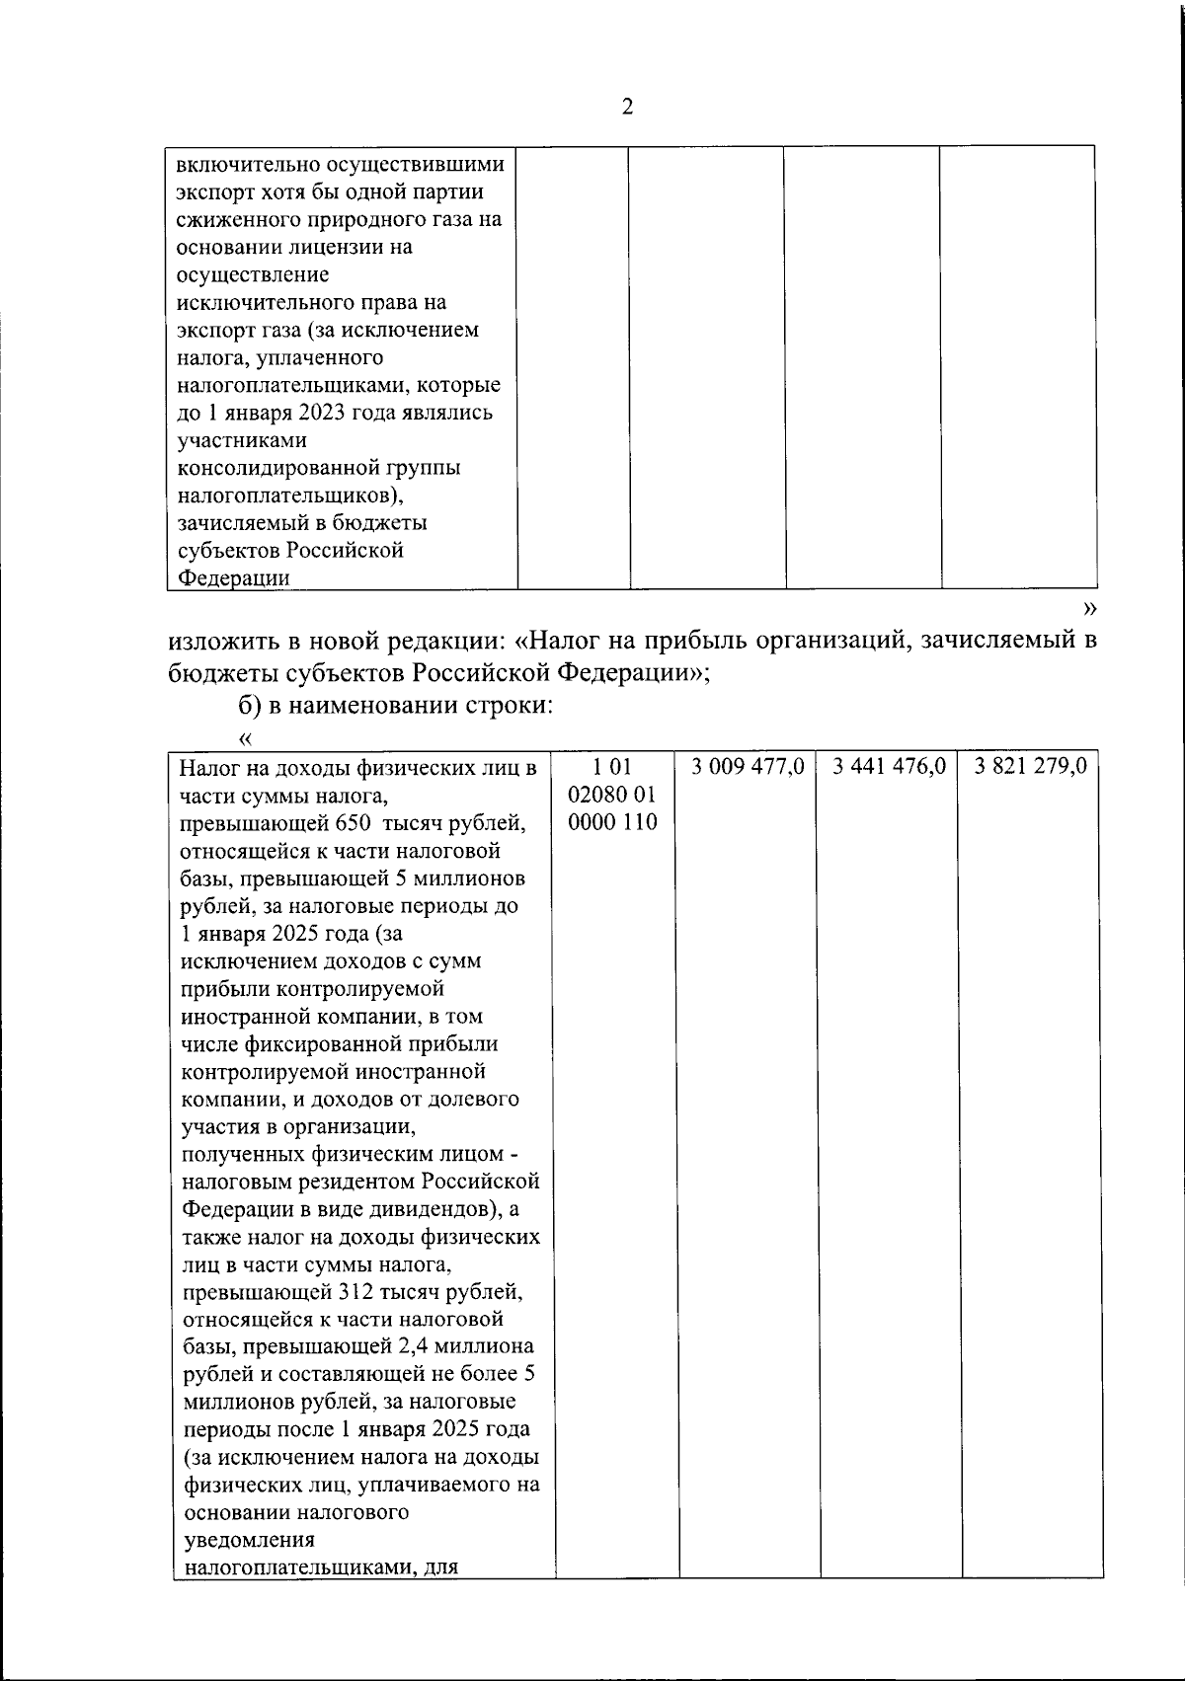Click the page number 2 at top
coord(627,107)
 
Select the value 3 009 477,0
coord(750,766)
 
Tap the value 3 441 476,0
coord(890,766)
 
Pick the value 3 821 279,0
coord(1031,766)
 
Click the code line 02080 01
coord(613,794)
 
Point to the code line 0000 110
coord(613,821)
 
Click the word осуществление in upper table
coord(253,274)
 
